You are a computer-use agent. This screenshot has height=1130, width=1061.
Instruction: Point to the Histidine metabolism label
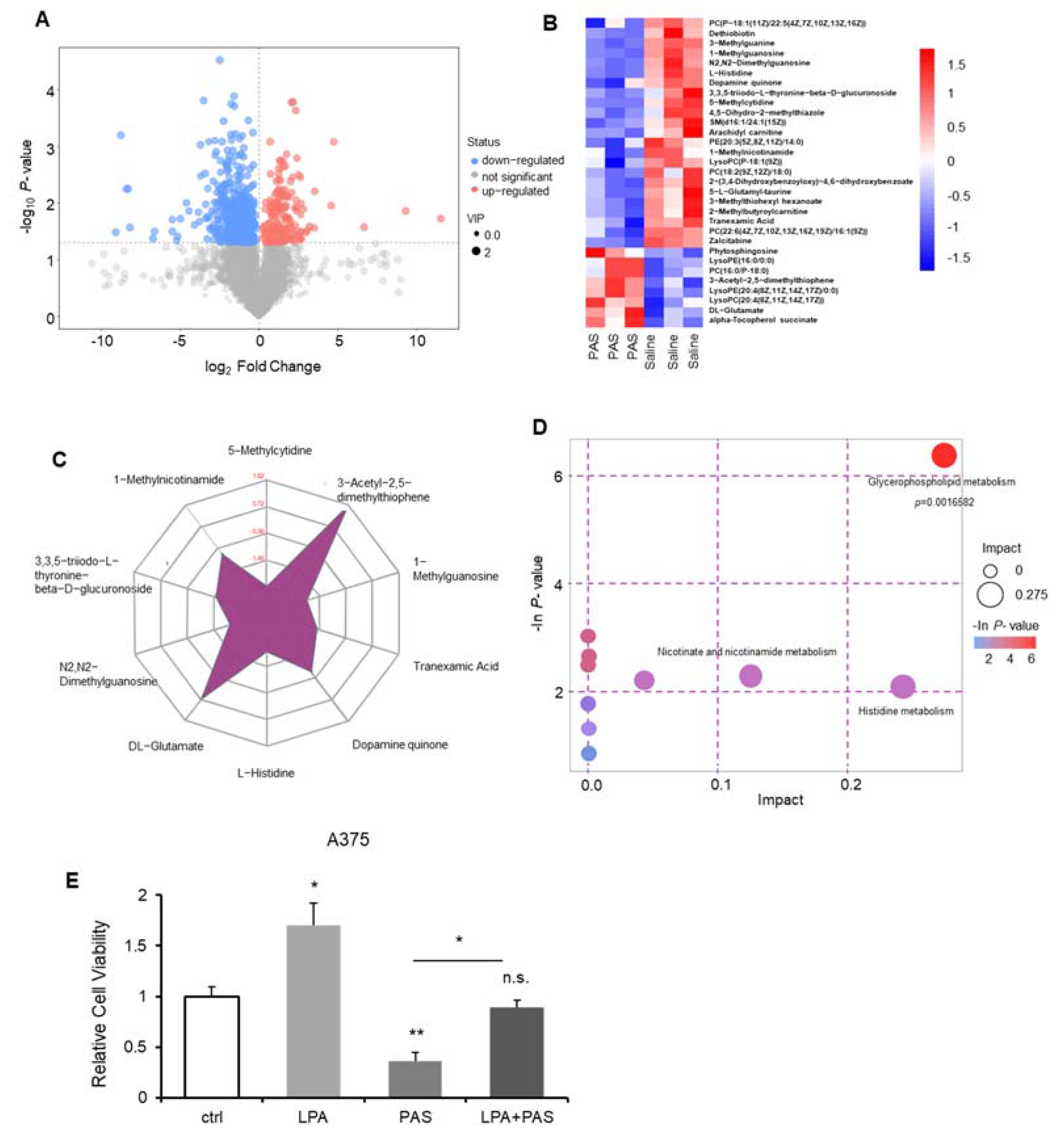pyautogui.click(x=905, y=711)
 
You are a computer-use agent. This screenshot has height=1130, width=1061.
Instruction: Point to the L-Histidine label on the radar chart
pyautogui.click(x=265, y=773)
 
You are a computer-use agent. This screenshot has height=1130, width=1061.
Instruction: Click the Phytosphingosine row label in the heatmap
pyautogui.click(x=743, y=251)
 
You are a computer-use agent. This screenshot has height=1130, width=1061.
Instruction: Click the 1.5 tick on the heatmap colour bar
pyautogui.click(x=956, y=65)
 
